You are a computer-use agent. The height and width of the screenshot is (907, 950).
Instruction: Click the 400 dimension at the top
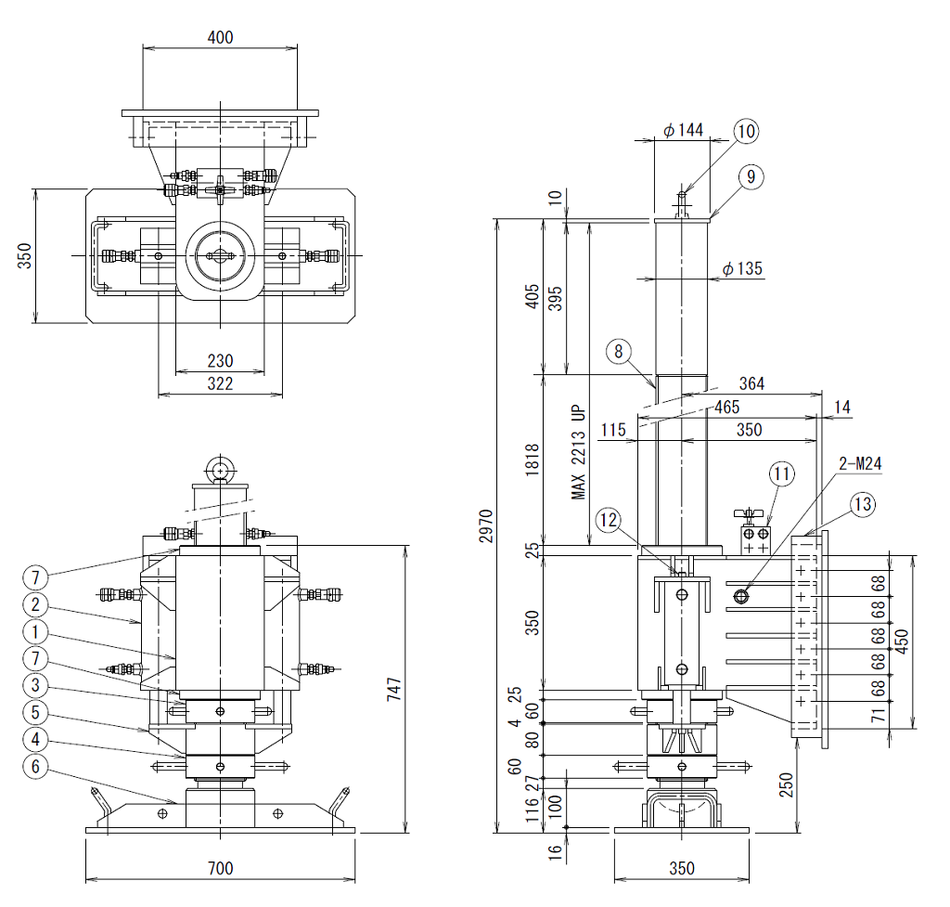220,37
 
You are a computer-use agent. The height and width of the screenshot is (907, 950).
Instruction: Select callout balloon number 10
746,131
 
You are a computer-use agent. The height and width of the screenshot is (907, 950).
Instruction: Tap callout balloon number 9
751,176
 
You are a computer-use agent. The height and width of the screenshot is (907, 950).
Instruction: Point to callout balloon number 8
618,352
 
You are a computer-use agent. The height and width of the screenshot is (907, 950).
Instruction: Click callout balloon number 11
781,473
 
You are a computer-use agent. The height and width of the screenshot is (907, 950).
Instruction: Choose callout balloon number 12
609,520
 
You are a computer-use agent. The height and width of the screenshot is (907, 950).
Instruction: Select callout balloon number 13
863,504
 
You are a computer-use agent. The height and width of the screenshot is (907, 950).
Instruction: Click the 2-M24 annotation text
860,464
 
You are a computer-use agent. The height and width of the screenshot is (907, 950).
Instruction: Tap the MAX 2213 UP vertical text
579,452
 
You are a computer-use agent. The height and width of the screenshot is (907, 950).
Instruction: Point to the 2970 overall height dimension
486,525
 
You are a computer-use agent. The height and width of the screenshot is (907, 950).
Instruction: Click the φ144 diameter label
684,130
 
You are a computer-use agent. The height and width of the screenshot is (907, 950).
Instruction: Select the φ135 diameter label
743,268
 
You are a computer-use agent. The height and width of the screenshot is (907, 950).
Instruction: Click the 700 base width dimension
220,868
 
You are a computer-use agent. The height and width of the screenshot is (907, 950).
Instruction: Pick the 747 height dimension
393,690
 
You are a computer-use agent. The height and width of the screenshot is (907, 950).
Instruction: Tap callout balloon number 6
35,766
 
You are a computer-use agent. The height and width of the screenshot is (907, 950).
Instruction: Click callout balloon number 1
35,632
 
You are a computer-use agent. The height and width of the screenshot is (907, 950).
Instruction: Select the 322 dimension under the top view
220,383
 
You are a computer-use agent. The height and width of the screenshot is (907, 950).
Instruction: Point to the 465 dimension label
726,407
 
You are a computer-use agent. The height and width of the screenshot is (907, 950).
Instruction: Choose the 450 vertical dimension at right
902,641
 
